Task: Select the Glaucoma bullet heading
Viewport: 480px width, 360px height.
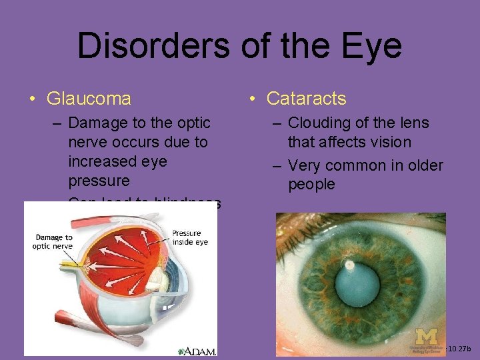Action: (x=89, y=99)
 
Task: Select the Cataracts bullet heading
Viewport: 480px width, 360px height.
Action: (x=306, y=99)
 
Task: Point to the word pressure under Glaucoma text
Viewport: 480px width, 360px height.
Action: (x=99, y=181)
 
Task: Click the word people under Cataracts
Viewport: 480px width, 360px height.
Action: (x=311, y=184)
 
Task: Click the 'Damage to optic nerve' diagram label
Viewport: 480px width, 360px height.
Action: (x=53, y=241)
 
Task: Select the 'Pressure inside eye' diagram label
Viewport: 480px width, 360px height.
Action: (x=190, y=237)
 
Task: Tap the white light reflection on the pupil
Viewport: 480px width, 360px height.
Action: (x=349, y=265)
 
